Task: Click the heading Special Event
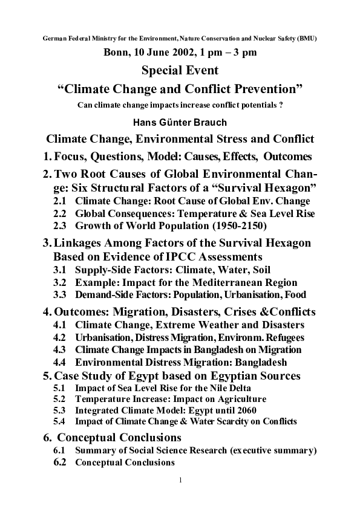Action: (x=180, y=71)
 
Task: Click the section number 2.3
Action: (x=60, y=225)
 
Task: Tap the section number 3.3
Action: (x=60, y=295)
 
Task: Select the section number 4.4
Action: (x=60, y=363)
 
